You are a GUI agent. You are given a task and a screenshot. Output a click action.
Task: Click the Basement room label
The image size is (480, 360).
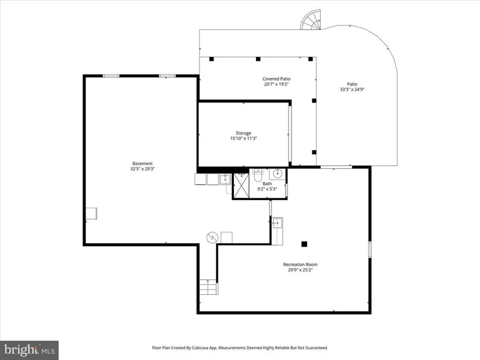143,163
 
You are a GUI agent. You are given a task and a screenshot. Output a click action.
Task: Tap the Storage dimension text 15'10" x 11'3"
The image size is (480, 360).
243,138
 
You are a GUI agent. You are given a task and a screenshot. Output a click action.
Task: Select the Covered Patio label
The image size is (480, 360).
276,79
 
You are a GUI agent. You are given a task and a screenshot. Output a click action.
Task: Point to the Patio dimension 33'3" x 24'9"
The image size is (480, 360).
352,90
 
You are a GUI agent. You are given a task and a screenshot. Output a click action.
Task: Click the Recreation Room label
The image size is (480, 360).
300,265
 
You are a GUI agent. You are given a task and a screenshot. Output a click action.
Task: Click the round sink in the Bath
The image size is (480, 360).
278,174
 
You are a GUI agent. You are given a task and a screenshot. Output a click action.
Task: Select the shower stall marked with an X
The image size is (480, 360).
241,186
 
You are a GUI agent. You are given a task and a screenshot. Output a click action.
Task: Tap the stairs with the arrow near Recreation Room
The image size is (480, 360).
209,287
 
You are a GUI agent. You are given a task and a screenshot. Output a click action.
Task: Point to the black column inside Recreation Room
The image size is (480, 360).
304,244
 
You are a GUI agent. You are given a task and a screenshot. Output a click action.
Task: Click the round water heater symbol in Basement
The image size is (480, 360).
212,237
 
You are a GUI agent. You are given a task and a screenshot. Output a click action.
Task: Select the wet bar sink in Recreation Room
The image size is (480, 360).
278,223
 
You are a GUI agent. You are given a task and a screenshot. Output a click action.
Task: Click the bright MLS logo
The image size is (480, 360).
29,350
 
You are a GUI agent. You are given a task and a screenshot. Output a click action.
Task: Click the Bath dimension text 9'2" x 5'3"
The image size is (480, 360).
267,189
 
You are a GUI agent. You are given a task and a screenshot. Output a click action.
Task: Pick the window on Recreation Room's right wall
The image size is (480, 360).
370,249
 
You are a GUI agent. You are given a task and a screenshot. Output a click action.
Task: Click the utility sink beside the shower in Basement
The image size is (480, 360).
225,179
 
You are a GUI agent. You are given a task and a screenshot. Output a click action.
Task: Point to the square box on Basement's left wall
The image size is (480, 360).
91,213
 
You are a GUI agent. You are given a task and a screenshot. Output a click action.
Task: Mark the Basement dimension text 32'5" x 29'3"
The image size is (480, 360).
143,169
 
